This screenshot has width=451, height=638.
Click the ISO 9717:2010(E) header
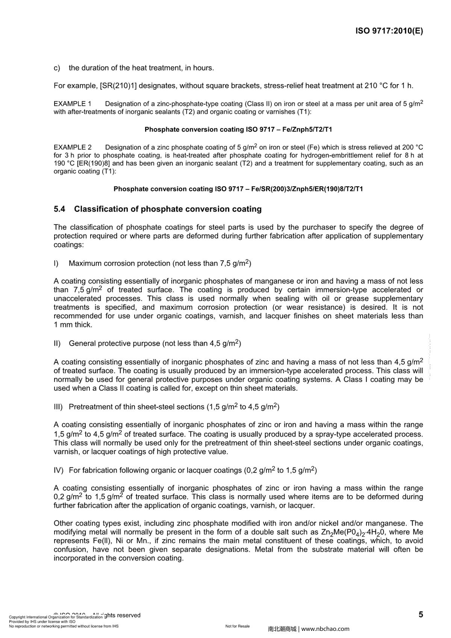coord(389,31)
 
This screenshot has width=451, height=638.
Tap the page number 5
coord(421,615)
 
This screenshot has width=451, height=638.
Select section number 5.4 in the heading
coord(59,209)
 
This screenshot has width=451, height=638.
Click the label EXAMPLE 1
coord(73,104)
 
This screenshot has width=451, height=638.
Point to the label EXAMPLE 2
coord(73,147)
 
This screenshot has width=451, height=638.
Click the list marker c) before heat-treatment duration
coord(57,68)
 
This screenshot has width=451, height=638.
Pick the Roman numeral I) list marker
coord(56,263)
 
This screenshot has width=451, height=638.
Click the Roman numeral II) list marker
coord(57,343)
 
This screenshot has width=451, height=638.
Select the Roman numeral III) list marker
coord(58,407)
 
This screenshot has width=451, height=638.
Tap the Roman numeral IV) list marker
coord(59,470)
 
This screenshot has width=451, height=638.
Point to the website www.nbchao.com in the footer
coord(325,629)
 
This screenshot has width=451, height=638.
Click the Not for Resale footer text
coord(238,626)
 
